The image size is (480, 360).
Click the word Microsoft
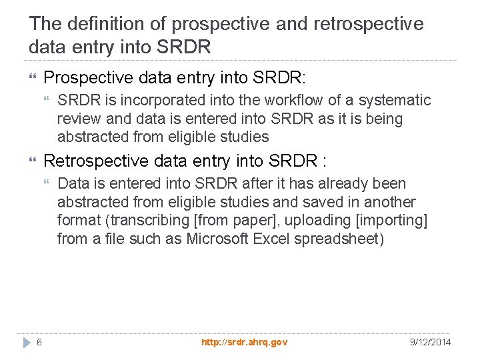click(x=219, y=239)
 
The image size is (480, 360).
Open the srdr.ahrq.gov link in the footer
click(x=245, y=342)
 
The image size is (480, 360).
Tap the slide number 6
click(x=39, y=342)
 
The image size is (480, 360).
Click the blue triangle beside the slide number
click(x=26, y=342)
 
